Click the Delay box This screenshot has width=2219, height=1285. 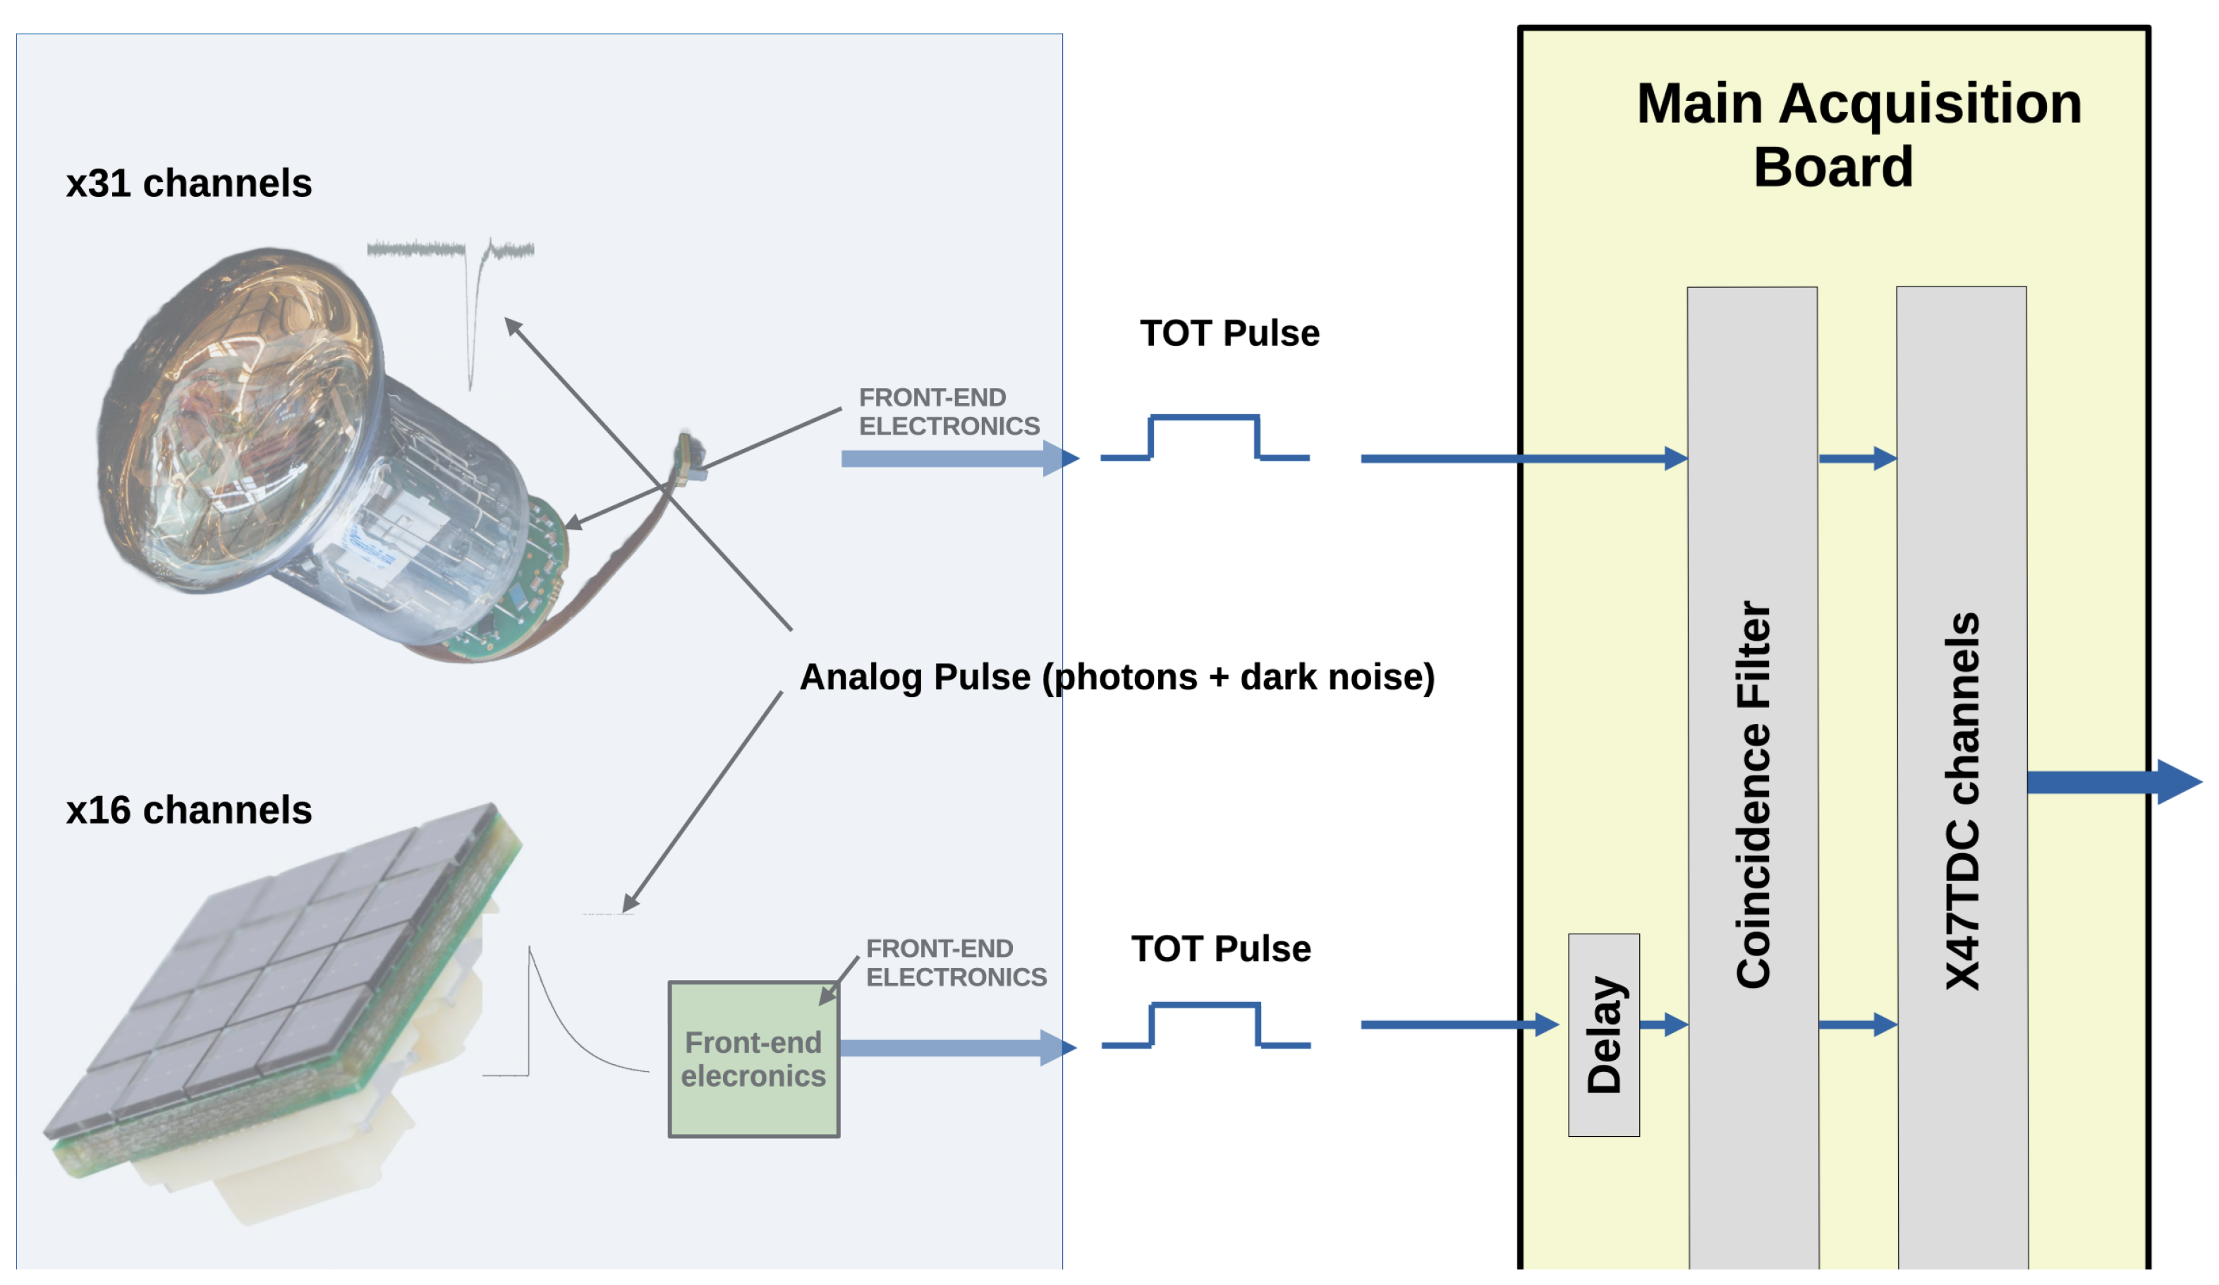click(1603, 1035)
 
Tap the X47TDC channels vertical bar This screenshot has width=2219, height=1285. click(1962, 778)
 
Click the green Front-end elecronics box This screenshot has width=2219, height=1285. click(754, 1059)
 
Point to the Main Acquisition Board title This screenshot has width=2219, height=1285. click(1858, 135)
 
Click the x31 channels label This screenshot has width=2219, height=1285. click(188, 183)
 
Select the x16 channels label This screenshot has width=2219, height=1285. click(188, 810)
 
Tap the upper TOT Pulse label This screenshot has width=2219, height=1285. click(1229, 334)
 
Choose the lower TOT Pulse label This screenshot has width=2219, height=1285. click(1220, 949)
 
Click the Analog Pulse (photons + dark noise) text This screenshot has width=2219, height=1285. click(1117, 677)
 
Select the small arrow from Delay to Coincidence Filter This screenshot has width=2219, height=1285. click(1663, 1025)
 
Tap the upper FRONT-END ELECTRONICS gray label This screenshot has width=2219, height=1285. click(949, 411)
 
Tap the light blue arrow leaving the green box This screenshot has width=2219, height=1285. click(958, 1048)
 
